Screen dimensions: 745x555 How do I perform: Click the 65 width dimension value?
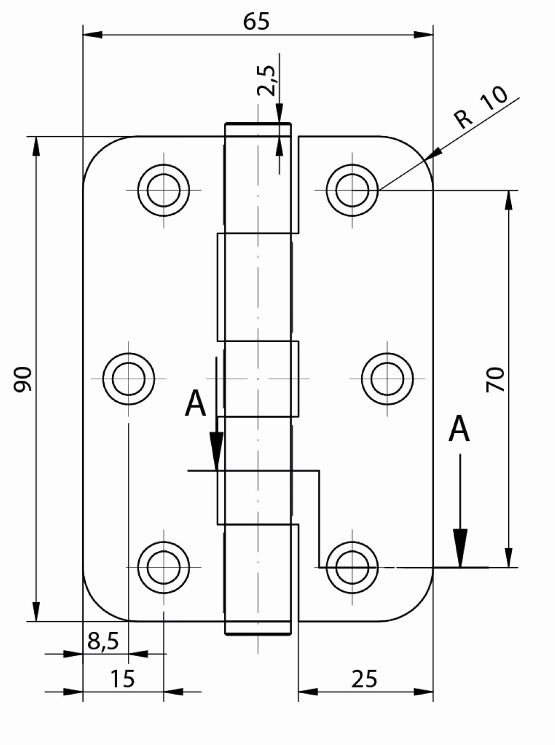click(256, 22)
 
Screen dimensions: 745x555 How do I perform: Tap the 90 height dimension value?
click(24, 379)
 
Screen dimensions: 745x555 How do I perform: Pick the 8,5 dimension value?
click(103, 641)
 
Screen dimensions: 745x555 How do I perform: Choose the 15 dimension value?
click(123, 679)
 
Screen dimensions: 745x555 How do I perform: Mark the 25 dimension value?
click(364, 679)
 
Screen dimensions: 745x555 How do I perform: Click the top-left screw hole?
click(164, 190)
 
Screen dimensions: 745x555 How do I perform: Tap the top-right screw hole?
click(353, 190)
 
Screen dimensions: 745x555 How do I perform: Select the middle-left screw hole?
click(128, 379)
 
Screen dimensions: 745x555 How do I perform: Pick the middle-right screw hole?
click(387, 379)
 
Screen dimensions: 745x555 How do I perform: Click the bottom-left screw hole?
click(164, 568)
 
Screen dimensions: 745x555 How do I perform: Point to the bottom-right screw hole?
click(353, 568)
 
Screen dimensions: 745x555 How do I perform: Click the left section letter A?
click(195, 403)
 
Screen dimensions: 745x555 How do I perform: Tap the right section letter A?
click(459, 429)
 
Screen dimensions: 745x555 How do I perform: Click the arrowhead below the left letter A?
click(217, 450)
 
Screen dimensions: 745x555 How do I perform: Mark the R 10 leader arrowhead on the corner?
click(434, 154)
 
